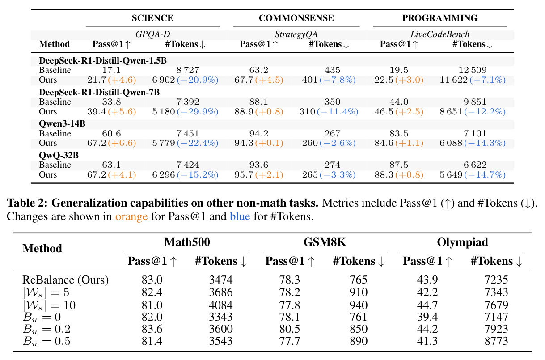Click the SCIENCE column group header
pos(152,18)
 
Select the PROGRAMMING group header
pos(439,18)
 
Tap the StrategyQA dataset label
pos(296,34)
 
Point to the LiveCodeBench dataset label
pos(440,34)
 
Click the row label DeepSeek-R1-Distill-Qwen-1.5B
pos(103,60)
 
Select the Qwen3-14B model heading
pos(62,123)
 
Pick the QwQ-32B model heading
pos(59,155)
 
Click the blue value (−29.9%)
pos(198,111)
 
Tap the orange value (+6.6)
pos(122,143)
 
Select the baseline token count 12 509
pos(473,70)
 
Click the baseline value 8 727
pos(188,70)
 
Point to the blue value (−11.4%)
pos(338,111)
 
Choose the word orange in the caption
pos(131,216)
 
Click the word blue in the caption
pos(240,216)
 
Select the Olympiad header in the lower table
pos(463,242)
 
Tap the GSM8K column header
pos(325,242)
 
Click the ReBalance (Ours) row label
pos(65,280)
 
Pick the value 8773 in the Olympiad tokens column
pos(496,341)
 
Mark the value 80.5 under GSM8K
pos(290,329)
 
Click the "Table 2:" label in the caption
pos(27,203)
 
